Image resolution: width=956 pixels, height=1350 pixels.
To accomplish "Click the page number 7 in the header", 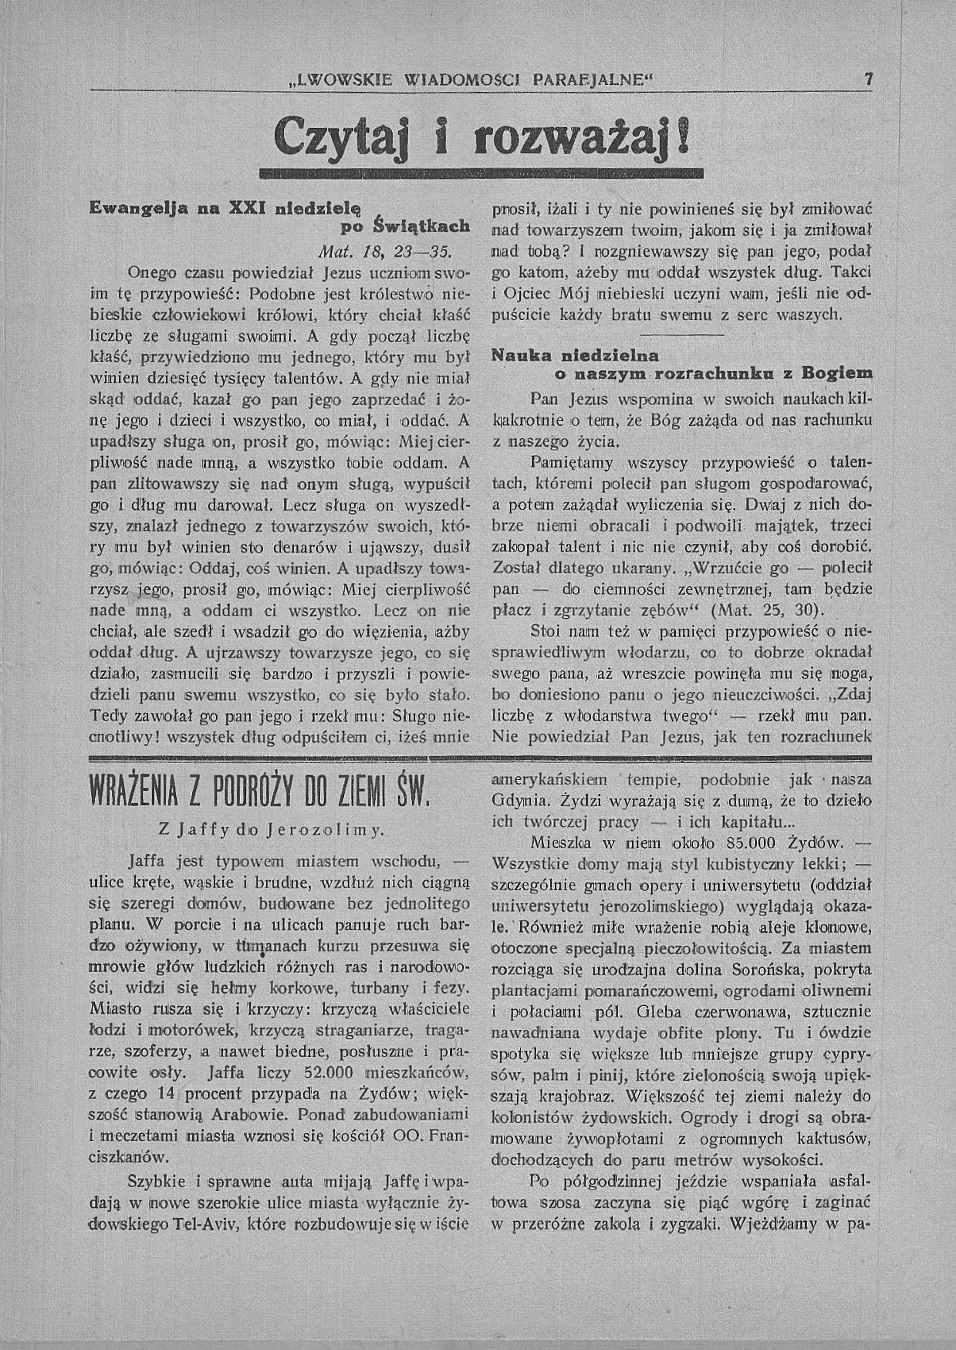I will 867,79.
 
